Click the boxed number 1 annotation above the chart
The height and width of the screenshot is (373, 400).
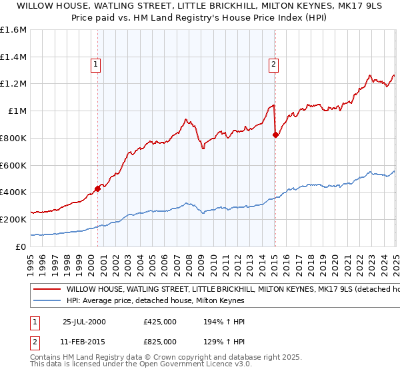[x=97, y=65]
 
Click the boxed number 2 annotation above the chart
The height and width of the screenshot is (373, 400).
[x=274, y=65]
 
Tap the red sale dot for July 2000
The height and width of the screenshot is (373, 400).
[x=97, y=188]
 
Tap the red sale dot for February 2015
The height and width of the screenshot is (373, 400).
[x=275, y=135]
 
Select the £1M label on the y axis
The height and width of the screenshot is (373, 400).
[x=17, y=111]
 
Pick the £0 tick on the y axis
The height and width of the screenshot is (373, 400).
[x=22, y=246]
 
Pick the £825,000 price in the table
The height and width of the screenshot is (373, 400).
[x=160, y=341]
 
